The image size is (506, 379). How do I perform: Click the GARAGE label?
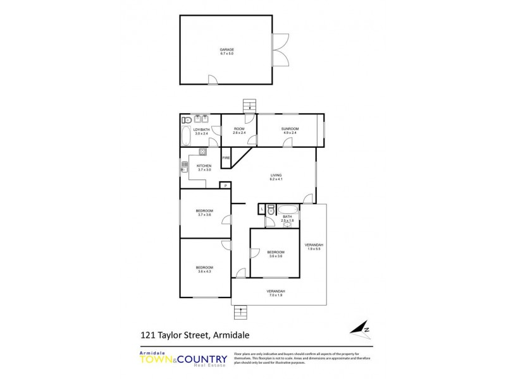tap(227, 51)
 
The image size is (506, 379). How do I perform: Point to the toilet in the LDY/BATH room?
tap(187, 120)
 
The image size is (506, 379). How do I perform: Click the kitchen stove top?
tap(202, 151)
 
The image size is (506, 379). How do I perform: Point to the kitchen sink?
tap(185, 167)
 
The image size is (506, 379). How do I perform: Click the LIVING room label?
tap(276, 177)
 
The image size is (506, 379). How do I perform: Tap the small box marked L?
tap(262, 208)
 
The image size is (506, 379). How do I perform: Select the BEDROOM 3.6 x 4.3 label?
tap(204, 269)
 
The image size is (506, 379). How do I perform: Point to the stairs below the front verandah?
tap(240, 313)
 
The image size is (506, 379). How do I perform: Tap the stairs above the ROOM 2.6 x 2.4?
tap(249, 106)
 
